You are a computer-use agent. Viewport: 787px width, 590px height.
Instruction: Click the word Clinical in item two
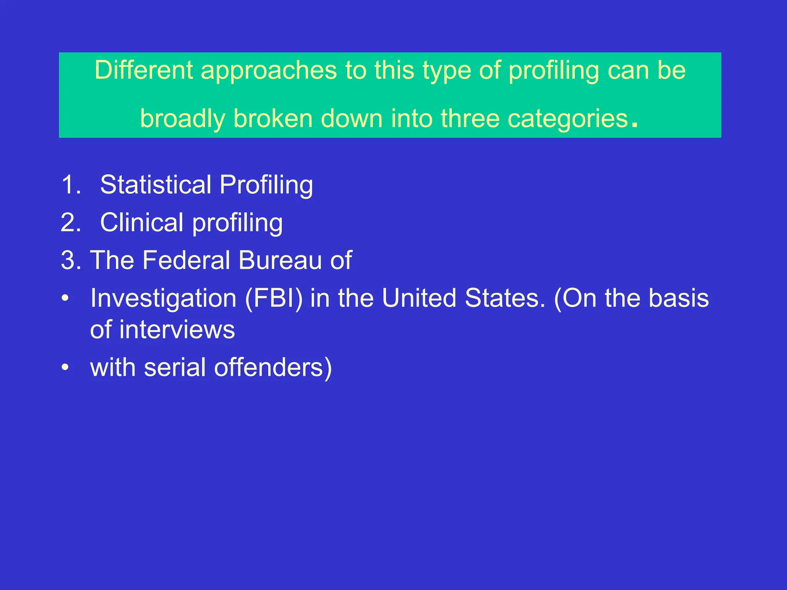point(141,222)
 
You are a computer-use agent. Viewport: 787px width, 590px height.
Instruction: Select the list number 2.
point(71,222)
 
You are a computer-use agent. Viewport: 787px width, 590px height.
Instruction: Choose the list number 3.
point(71,260)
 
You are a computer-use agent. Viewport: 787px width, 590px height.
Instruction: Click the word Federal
point(186,260)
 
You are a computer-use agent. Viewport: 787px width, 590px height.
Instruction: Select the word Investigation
point(163,298)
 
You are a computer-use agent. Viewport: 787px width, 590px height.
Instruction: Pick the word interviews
point(177,330)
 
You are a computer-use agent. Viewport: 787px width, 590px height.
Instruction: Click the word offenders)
point(273,368)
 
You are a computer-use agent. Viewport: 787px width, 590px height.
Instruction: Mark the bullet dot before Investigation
point(66,298)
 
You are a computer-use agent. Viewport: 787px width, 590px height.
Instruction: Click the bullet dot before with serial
point(66,368)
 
